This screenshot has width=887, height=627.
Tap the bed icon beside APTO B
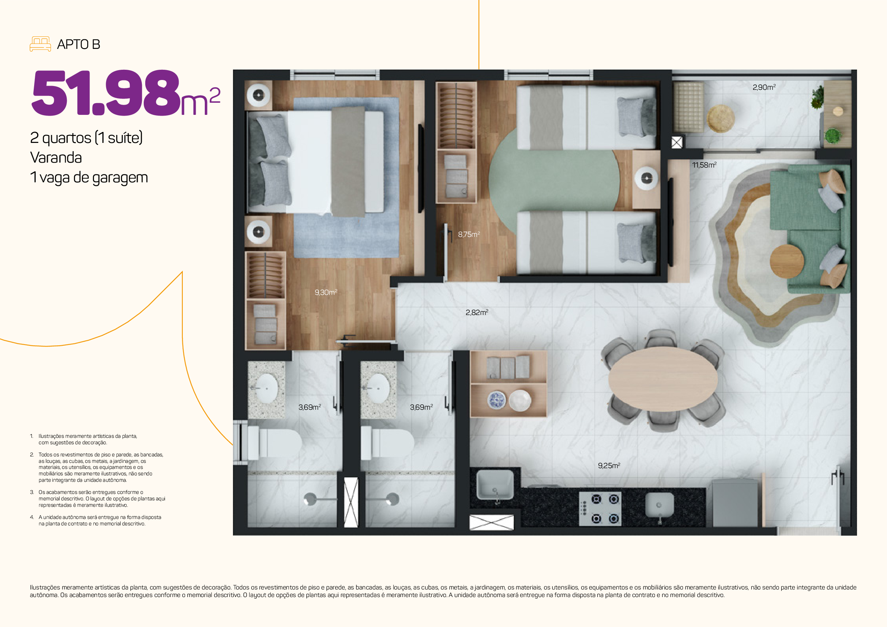[40, 44]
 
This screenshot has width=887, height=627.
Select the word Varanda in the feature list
[56, 158]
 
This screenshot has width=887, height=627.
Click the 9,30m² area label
[326, 292]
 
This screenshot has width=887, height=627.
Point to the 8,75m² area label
[469, 234]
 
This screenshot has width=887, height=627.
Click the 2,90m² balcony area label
[764, 87]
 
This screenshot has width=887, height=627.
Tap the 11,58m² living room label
[704, 165]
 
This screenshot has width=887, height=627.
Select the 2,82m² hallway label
[477, 312]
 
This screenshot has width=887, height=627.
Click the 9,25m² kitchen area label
[609, 466]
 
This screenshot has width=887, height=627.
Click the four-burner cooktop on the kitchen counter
[600, 508]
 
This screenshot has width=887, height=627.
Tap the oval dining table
[663, 379]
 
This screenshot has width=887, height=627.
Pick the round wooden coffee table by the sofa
[787, 261]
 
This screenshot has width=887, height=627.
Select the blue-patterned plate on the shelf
[496, 400]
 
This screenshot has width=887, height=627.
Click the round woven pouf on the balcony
[721, 119]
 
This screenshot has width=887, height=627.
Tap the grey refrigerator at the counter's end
[735, 503]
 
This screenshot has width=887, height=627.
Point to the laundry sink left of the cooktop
[495, 485]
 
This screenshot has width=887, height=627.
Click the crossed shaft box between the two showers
[351, 502]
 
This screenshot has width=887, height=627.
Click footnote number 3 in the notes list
[32, 492]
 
